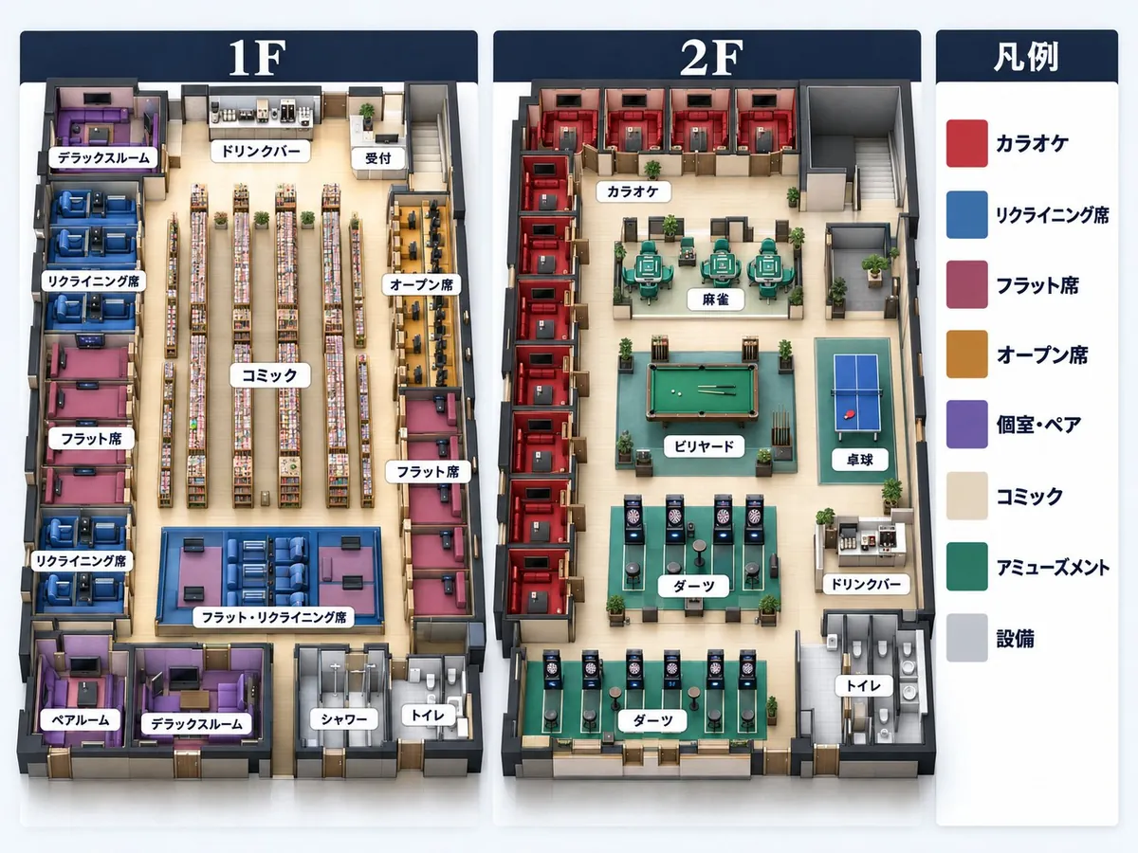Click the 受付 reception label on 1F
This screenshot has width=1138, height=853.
(x=378, y=158)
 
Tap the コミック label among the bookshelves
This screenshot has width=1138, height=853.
(x=270, y=375)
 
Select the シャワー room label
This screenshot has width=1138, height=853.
(x=343, y=718)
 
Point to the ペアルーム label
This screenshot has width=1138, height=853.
(x=81, y=720)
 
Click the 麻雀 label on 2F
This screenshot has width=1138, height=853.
(x=715, y=299)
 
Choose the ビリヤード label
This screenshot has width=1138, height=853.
(x=704, y=445)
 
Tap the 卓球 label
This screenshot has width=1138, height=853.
(x=859, y=460)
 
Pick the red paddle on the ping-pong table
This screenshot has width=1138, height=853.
(x=849, y=414)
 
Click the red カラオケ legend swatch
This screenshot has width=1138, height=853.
(x=967, y=143)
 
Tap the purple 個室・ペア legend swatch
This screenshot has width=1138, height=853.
(x=967, y=425)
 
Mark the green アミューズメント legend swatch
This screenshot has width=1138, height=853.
(x=967, y=567)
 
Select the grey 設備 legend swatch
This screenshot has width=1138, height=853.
(x=967, y=638)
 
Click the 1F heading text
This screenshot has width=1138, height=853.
(x=257, y=57)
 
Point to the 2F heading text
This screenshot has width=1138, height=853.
(x=711, y=57)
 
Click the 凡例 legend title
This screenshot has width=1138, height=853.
(x=1026, y=57)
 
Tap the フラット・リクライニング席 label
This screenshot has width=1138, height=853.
(x=274, y=617)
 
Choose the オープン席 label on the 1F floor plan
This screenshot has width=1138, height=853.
(x=421, y=284)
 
